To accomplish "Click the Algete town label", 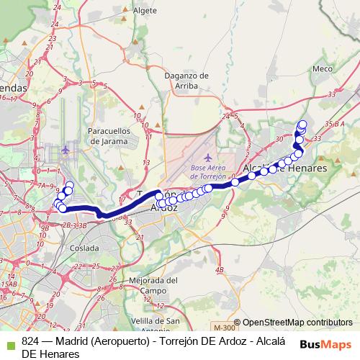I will pos(145,11).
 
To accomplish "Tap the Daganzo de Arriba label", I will pos(186,80).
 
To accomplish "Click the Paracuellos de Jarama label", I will pos(107,136).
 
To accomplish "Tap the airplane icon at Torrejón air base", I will pos(209,158).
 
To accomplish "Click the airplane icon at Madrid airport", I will pos(66,150).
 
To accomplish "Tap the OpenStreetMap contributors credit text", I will pos(297,323).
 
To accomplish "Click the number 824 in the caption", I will pos(31,342).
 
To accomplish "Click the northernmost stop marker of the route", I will pos(302,123).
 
